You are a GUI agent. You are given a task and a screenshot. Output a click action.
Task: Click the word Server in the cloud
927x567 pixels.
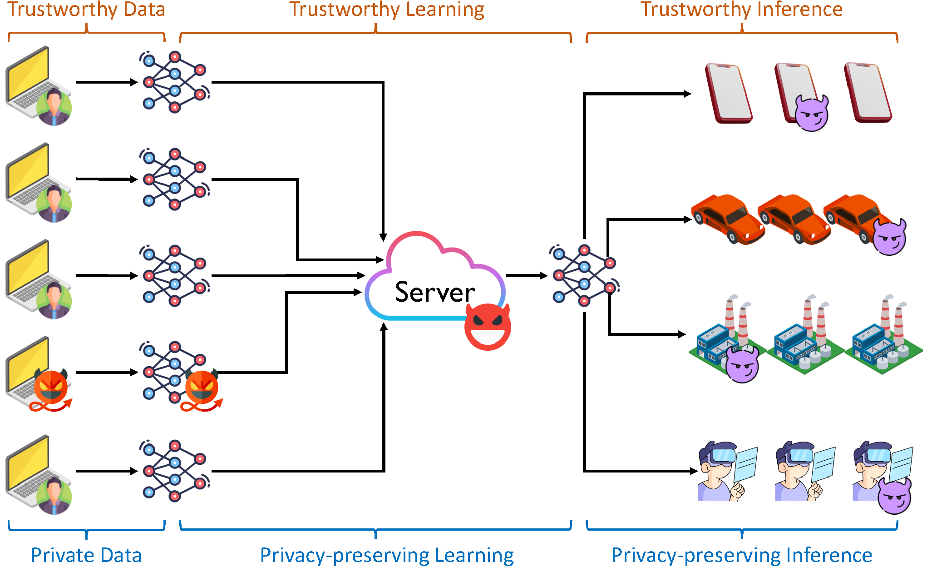435,292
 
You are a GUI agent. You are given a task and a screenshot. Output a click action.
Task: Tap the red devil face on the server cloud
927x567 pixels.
488,327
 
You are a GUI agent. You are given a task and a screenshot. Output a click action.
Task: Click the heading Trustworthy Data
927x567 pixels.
86,10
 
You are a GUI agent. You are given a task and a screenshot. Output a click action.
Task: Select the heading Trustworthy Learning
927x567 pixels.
387,10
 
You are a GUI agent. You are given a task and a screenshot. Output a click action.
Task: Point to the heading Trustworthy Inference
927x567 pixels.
741,10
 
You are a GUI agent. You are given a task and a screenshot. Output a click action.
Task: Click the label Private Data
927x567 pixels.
86,555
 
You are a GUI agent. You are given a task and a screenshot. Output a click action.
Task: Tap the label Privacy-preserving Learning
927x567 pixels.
387,555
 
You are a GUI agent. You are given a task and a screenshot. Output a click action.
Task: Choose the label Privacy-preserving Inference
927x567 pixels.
741,555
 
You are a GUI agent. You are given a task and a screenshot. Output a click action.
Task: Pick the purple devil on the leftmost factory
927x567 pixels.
742,364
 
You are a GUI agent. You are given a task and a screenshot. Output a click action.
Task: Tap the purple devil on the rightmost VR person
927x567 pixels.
894,496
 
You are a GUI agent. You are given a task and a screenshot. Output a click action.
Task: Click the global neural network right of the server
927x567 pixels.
584,275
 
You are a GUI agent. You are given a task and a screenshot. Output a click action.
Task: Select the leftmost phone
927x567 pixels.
728,93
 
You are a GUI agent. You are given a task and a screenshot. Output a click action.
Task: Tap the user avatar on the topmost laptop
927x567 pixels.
54,107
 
